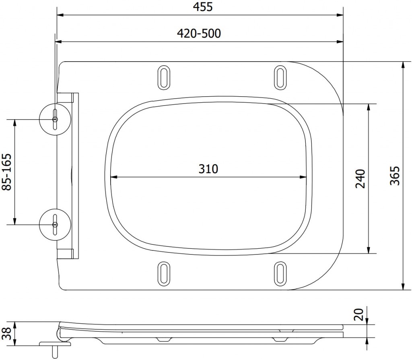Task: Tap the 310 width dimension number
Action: pos(208,169)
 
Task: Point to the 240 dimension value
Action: pos(360,178)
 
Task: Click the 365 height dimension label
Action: pos(395,176)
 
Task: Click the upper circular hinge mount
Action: pos(55,120)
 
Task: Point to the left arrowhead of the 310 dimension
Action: pos(112,176)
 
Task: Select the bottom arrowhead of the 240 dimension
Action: pos(369,251)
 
